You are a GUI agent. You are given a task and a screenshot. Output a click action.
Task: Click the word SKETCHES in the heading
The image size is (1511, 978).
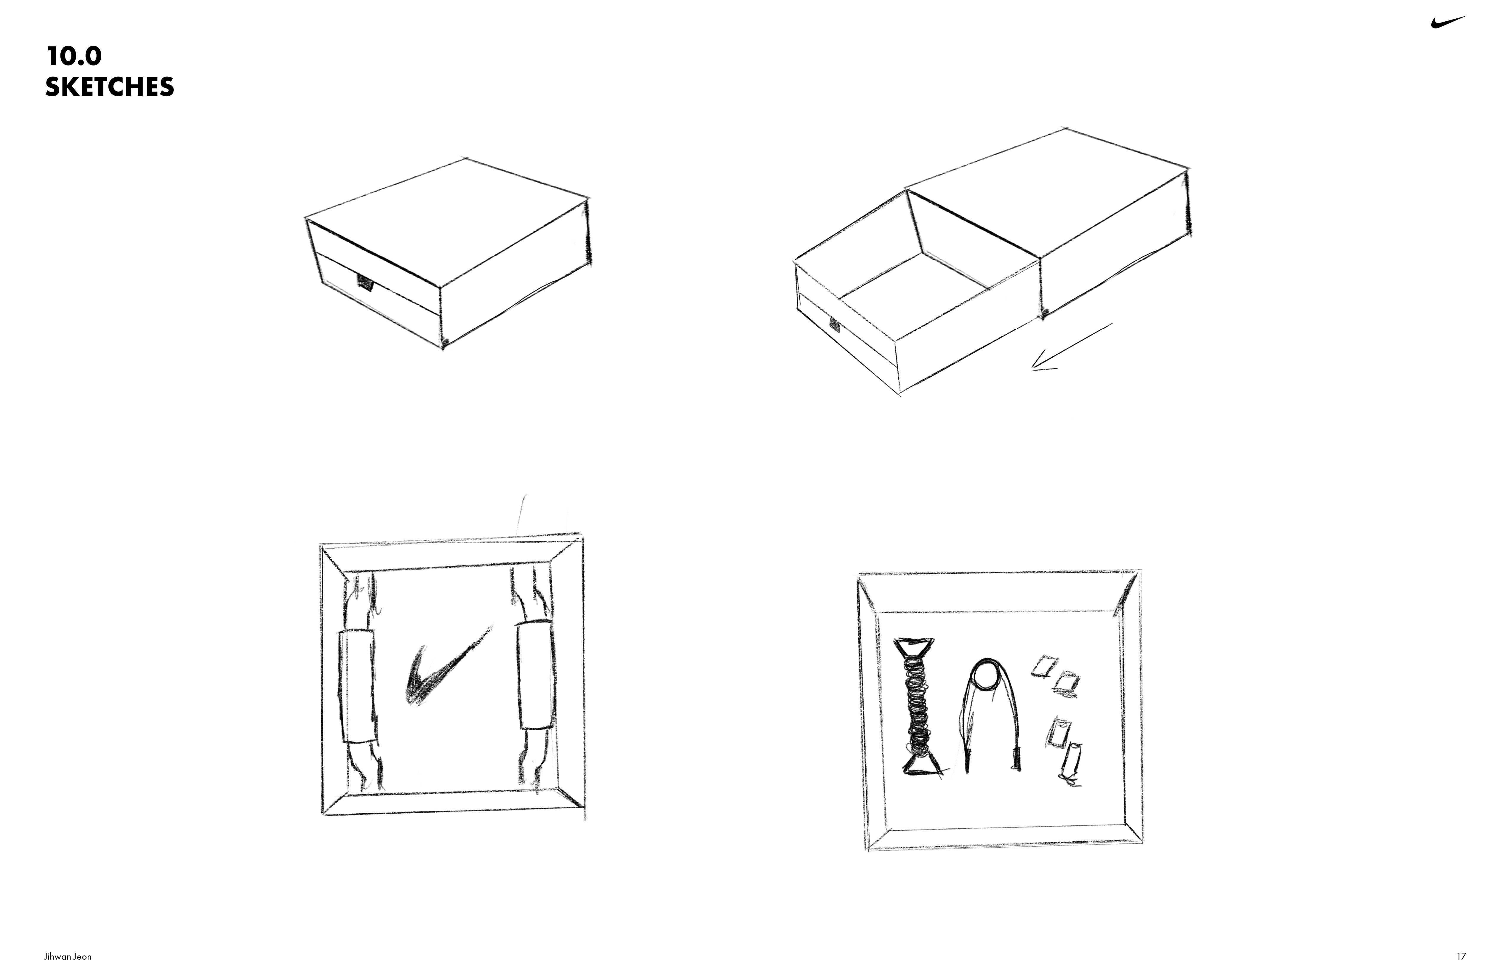pos(110,87)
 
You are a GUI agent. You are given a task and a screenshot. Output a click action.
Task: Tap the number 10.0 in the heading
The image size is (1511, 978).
pos(74,57)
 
